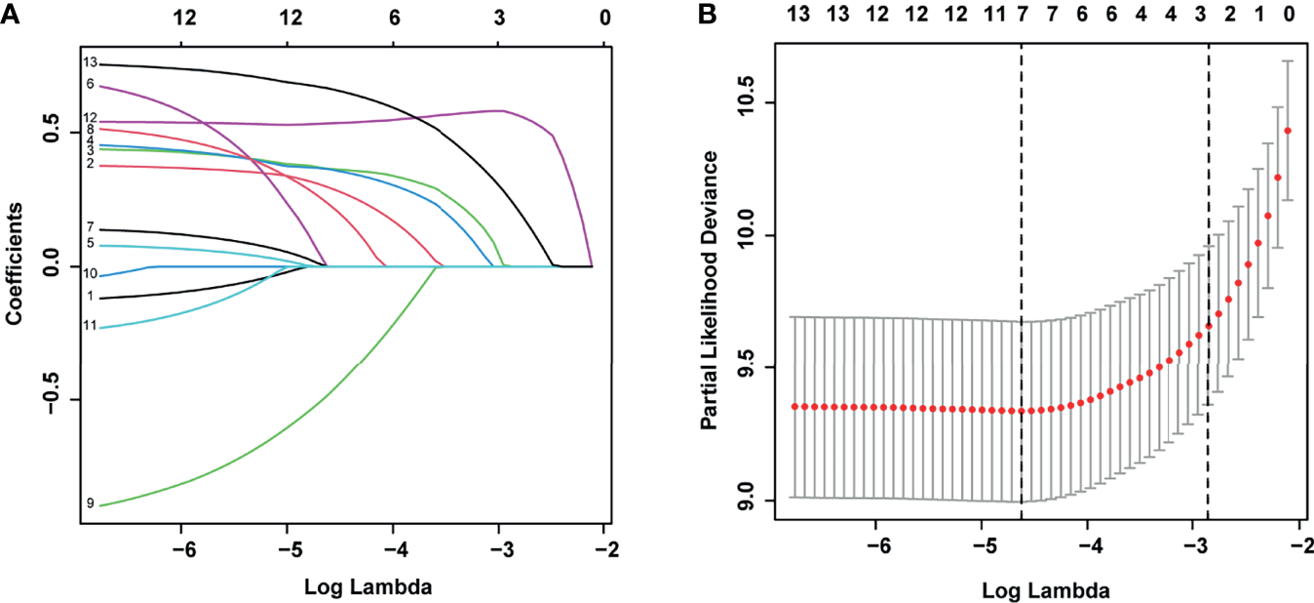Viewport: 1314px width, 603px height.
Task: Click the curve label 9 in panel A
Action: (x=90, y=503)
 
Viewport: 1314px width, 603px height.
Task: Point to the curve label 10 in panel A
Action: (x=88, y=273)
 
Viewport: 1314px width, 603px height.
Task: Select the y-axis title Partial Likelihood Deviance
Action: (x=709, y=290)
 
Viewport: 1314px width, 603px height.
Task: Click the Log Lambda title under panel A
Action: (x=341, y=588)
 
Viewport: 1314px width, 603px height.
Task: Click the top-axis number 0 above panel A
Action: (x=604, y=17)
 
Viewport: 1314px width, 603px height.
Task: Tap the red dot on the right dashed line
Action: (x=1209, y=327)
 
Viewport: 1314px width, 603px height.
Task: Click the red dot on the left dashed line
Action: (x=1022, y=411)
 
